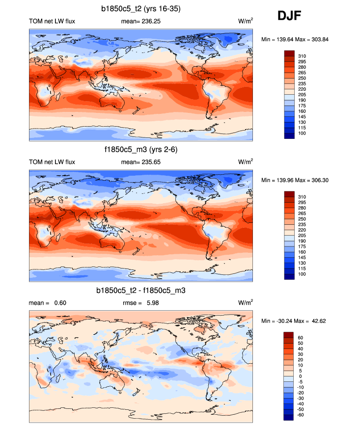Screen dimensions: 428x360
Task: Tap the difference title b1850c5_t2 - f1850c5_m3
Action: pyautogui.click(x=141, y=291)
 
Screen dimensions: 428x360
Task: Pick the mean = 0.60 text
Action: pyautogui.click(x=48, y=303)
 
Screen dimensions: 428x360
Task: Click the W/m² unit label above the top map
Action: pyautogui.click(x=245, y=21)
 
